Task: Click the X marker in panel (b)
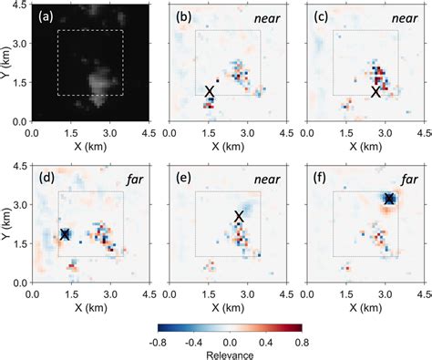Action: tap(211, 91)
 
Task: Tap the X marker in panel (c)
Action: tap(375, 91)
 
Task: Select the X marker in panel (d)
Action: tap(66, 234)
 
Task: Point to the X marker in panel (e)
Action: tap(239, 216)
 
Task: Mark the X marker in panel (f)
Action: tap(389, 199)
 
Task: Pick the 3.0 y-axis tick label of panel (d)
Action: tap(21, 205)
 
